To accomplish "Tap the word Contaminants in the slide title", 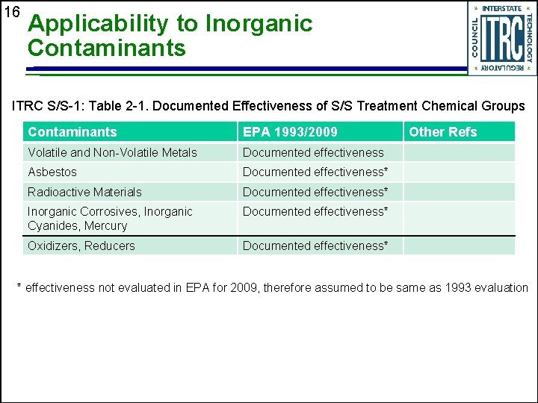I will pyautogui.click(x=106, y=49).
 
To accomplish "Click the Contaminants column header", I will pyautogui.click(x=72, y=132).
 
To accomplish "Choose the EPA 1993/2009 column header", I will pyautogui.click(x=290, y=132).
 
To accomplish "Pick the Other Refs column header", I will pyautogui.click(x=442, y=132).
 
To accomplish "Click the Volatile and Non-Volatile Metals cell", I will pyautogui.click(x=112, y=152).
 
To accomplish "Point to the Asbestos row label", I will pyautogui.click(x=52, y=172).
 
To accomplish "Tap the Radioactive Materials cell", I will pyautogui.click(x=84, y=192).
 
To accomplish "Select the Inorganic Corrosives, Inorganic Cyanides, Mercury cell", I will pyautogui.click(x=110, y=218).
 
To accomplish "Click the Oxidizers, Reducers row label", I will pyautogui.click(x=81, y=246).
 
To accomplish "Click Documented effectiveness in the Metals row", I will pyautogui.click(x=313, y=152).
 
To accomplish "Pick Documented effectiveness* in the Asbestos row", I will pyautogui.click(x=315, y=172).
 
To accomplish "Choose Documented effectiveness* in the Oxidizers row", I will pyautogui.click(x=315, y=246).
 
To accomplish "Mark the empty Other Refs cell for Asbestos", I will pyautogui.click(x=459, y=172).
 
